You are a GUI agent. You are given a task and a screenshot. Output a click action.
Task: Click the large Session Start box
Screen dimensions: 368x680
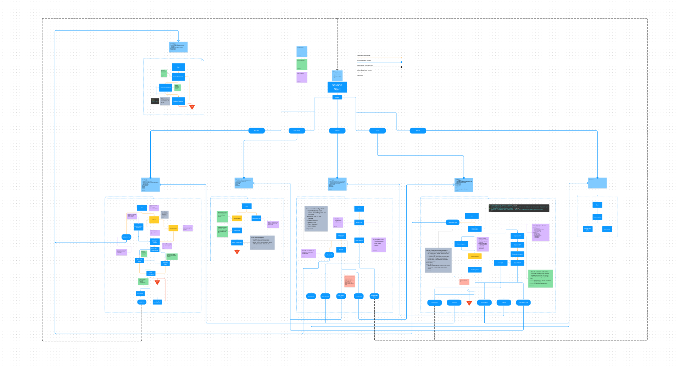[337, 87]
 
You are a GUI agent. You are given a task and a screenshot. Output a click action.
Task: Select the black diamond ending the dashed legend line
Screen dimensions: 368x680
[401, 67]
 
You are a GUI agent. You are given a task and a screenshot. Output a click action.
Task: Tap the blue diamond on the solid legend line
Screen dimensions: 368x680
[401, 62]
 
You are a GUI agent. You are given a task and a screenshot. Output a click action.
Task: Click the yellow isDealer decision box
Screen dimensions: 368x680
[154, 220]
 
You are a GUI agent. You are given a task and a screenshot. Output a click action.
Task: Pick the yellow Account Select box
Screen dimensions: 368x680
[173, 228]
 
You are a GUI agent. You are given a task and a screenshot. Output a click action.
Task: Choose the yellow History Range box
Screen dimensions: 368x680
[237, 219]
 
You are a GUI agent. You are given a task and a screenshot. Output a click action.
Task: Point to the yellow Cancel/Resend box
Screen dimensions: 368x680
[475, 256]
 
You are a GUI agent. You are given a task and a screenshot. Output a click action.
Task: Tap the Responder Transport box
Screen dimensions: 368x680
[517, 254]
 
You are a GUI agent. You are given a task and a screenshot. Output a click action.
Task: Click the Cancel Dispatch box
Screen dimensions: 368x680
[461, 244]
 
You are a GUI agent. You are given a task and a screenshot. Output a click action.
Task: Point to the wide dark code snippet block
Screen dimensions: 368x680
[519, 208]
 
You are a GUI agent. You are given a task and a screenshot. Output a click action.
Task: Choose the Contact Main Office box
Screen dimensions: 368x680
[587, 229]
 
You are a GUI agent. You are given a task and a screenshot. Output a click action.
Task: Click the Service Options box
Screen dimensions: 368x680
[597, 217]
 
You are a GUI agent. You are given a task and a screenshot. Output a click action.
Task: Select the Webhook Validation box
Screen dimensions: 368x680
[178, 101]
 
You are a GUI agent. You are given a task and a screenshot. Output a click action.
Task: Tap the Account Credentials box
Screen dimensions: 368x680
[166, 87]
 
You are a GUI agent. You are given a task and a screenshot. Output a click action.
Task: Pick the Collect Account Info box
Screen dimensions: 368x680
[178, 77]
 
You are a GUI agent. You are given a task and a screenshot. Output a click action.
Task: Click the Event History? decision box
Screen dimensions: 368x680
[359, 240]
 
